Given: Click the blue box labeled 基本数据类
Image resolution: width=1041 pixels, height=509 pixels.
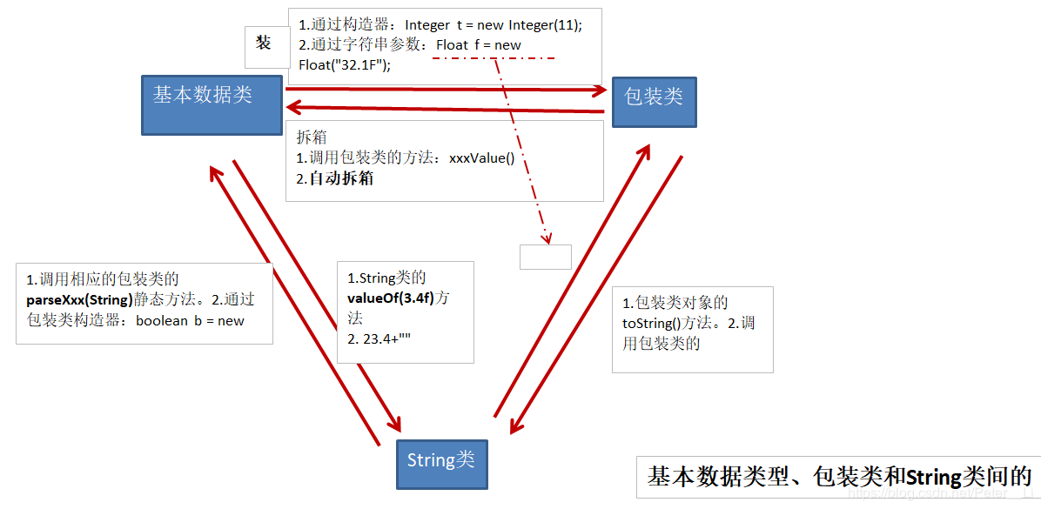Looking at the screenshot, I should (212, 104).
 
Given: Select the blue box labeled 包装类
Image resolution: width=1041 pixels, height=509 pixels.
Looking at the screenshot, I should (655, 103).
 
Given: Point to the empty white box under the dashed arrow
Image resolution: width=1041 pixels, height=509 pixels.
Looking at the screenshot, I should (546, 257).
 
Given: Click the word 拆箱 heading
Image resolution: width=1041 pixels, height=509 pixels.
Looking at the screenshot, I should (312, 137).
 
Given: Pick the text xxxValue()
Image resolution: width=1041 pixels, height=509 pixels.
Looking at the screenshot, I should (482, 158).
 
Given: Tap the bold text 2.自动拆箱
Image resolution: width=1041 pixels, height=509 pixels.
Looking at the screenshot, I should (335, 179).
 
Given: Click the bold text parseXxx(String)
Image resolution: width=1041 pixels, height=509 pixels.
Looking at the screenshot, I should (80, 300).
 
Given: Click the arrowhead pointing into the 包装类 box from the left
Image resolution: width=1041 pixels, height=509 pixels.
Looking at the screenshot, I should (601, 90).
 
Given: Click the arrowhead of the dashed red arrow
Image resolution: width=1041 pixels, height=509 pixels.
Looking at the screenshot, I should (547, 238).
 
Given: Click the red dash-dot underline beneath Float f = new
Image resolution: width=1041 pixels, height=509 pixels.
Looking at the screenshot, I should (493, 59).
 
